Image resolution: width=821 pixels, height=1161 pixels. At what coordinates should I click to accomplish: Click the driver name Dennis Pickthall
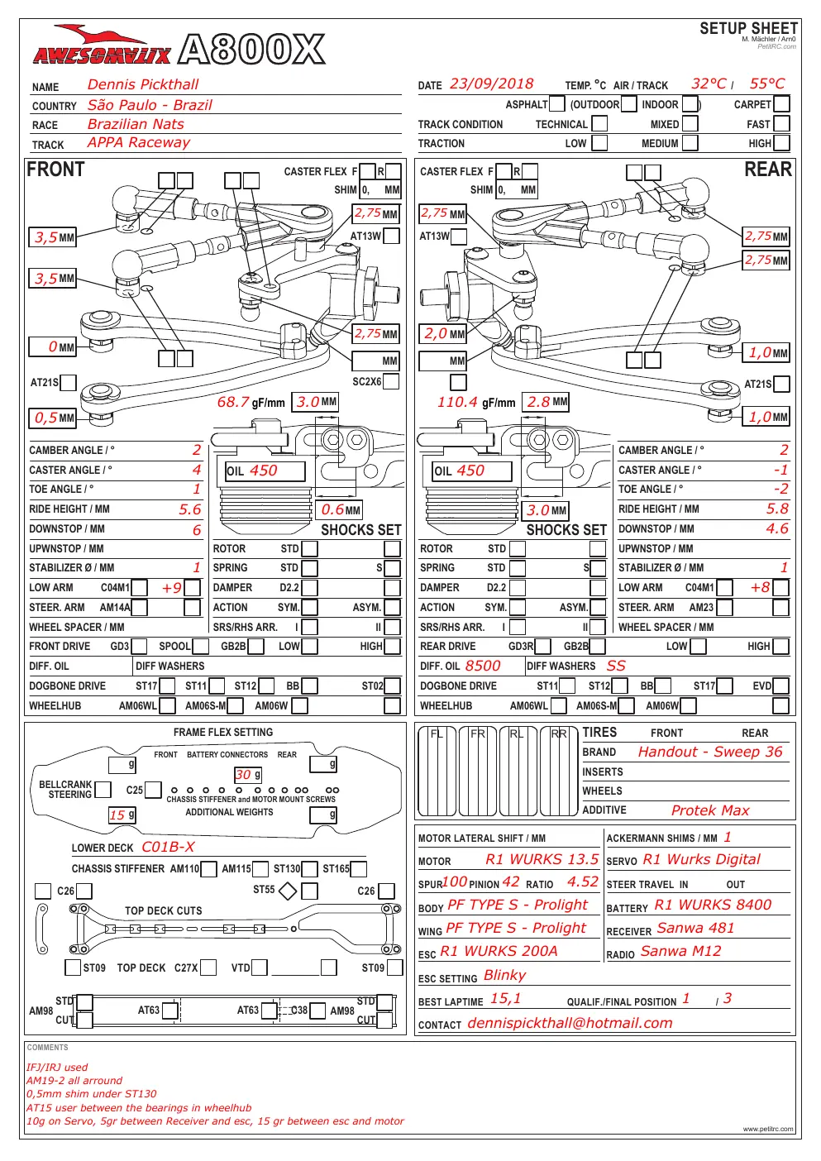(x=142, y=84)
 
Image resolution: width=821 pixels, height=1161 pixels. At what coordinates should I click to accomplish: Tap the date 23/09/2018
(x=491, y=84)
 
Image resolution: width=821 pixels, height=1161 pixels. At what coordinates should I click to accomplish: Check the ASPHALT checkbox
(x=556, y=104)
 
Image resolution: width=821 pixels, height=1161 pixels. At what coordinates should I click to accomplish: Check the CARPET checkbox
(x=781, y=104)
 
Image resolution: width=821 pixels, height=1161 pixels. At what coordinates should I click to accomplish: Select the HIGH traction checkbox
(x=781, y=143)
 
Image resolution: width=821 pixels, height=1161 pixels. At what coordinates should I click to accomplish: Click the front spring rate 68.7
(x=233, y=402)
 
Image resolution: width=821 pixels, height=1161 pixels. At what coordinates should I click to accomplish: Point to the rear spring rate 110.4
(x=457, y=402)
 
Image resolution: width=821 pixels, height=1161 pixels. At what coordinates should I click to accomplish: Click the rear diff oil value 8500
(x=483, y=666)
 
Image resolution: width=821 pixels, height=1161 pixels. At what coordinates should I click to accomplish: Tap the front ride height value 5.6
(x=189, y=509)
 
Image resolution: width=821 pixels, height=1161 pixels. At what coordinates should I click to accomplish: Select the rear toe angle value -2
(x=781, y=489)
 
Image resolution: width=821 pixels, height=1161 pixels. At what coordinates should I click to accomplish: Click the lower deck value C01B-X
(x=168, y=847)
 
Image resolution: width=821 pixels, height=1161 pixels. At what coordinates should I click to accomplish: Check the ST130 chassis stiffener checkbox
(x=309, y=869)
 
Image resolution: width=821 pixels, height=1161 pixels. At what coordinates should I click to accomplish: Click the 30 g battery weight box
(x=248, y=775)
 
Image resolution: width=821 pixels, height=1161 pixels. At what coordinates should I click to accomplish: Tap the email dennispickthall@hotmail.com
(x=570, y=1023)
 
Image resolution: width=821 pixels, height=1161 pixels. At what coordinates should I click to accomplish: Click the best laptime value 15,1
(x=505, y=998)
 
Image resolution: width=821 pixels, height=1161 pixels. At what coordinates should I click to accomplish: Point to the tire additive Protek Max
(x=710, y=810)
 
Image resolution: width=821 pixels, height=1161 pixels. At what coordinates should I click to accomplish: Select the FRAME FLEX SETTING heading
(x=223, y=733)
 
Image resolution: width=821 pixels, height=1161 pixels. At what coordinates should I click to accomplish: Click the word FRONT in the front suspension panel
(x=55, y=170)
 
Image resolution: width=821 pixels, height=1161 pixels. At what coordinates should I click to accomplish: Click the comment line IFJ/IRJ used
(x=57, y=1068)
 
